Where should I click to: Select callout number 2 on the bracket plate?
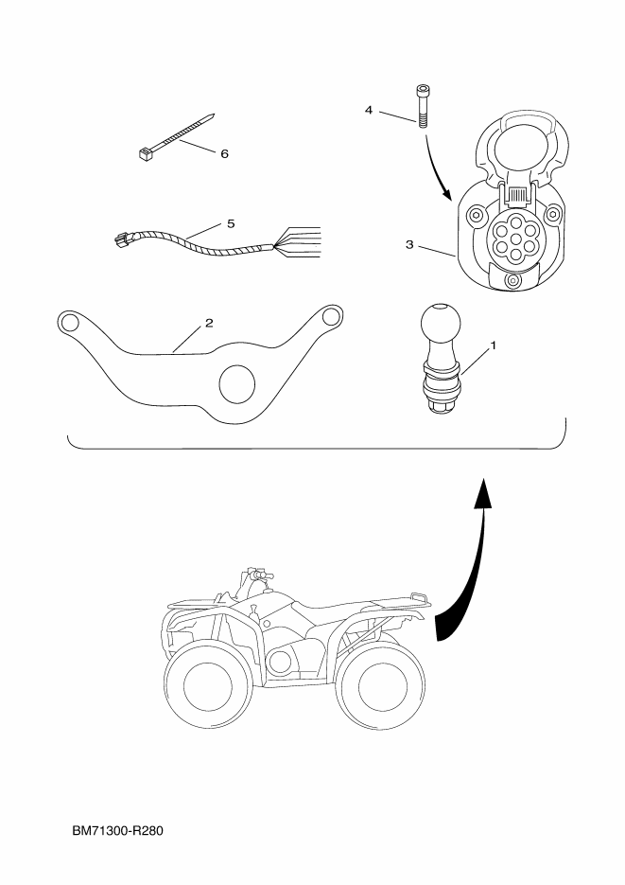pos(209,323)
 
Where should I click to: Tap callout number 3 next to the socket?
pos(409,244)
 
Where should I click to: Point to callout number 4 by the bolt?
pos(370,110)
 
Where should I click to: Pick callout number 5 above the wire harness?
pos(230,223)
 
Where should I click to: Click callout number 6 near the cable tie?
pos(224,152)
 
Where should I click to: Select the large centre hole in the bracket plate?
pos(237,383)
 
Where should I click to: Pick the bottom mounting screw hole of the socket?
pos(512,282)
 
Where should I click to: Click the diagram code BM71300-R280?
pos(118,832)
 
